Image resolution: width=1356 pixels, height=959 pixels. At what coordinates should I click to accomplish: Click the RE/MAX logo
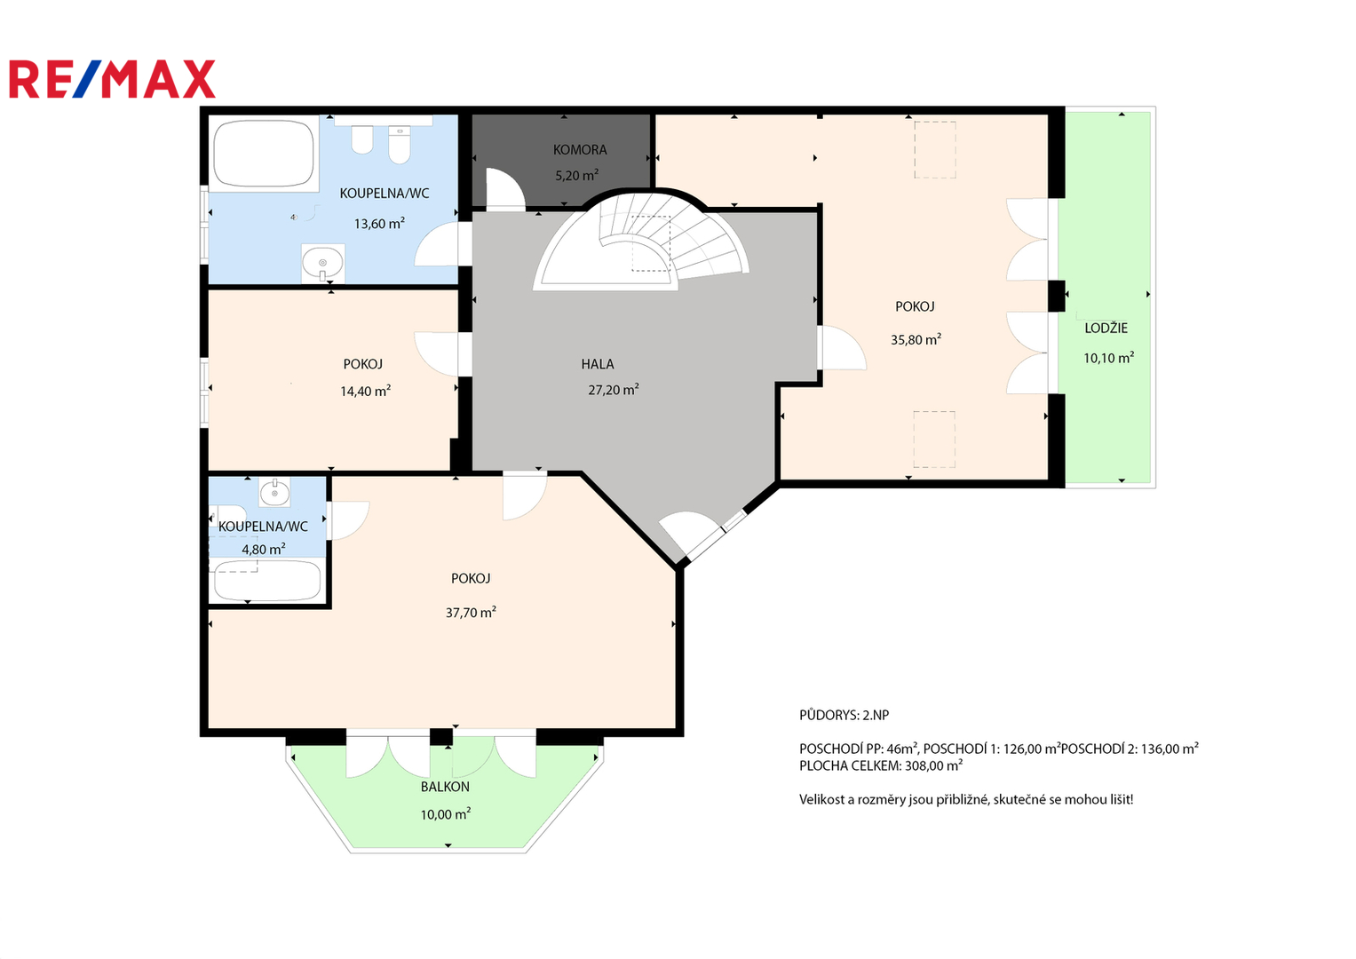[x=112, y=79]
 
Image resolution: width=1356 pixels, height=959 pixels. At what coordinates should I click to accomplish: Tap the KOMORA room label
[x=579, y=149]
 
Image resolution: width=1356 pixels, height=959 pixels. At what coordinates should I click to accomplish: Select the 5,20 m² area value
[x=577, y=176]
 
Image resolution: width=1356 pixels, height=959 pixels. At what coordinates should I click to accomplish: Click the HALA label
[x=598, y=364]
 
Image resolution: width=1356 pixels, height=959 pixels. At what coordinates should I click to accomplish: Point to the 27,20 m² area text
[x=614, y=390]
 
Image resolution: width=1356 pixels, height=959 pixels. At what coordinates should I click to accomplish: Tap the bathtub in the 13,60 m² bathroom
[x=264, y=154]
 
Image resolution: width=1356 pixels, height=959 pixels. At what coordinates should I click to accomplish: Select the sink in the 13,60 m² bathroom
[x=323, y=264]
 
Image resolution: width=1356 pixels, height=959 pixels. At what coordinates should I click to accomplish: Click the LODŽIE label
[x=1106, y=329]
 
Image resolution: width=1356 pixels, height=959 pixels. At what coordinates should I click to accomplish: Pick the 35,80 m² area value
[x=916, y=339]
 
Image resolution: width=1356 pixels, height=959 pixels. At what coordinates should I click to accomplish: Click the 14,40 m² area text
[x=365, y=391]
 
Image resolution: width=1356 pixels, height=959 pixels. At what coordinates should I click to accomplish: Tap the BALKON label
[x=445, y=787]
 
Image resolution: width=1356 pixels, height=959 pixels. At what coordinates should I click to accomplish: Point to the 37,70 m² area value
[x=471, y=612]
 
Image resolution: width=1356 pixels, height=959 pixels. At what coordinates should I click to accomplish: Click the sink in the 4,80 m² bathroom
[x=274, y=492]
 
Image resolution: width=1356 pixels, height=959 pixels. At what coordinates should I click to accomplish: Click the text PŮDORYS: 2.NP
[x=844, y=715]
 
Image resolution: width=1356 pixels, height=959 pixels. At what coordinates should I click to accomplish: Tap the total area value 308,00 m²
[x=933, y=765]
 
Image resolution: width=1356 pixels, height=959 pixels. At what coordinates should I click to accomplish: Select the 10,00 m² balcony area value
[x=446, y=814]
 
